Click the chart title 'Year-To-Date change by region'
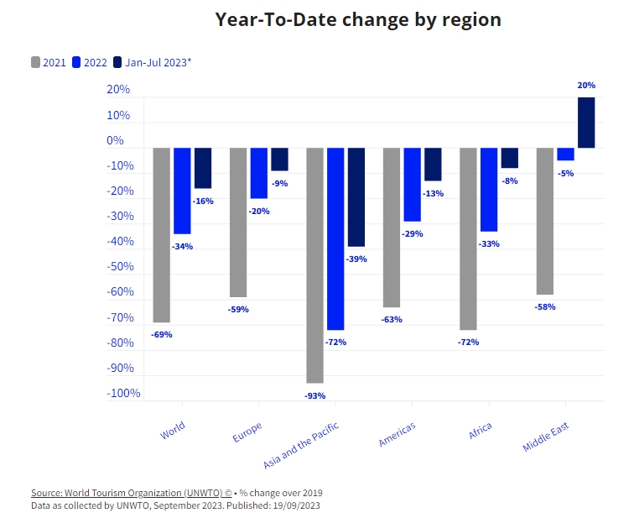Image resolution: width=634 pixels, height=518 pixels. pos(358,19)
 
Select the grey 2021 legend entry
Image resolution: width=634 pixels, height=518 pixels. pos(49,62)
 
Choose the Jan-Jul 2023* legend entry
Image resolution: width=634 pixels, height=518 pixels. pos(152,62)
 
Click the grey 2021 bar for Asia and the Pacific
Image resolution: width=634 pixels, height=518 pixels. pos(315,264)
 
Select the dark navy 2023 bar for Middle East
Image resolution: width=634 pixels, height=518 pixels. pos(586,123)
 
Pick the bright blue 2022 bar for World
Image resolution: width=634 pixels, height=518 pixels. pos(182,191)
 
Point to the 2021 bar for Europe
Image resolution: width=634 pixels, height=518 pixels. pos(238,222)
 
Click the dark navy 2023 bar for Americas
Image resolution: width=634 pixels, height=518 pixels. pos(433,165)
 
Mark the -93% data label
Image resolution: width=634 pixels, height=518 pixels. pos(315,395)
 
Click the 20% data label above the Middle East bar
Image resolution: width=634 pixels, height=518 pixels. pos(586,86)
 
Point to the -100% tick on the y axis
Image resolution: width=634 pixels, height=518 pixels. pos(123,394)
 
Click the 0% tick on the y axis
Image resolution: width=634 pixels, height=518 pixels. pos(115,140)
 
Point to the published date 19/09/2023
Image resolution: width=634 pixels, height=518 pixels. pos(294,505)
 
